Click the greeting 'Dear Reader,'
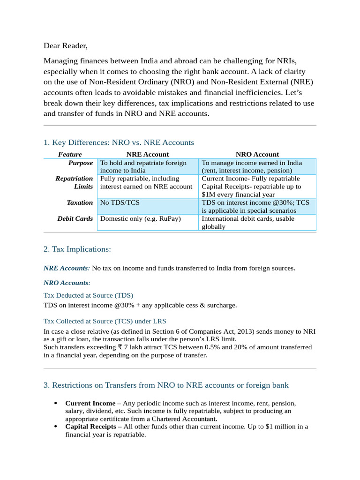pyautogui.click(x=66, y=46)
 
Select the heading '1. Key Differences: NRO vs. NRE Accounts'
pyautogui.click(x=119, y=142)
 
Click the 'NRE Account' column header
pyautogui.click(x=148, y=154)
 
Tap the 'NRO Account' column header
pyautogui.click(x=257, y=154)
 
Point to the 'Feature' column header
pyautogui.click(x=70, y=154)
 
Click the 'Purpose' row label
pyautogui.click(x=81, y=163)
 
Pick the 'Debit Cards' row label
pyautogui.click(x=75, y=218)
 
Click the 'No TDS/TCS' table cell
pyautogui.click(x=120, y=202)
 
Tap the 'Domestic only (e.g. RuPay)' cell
pyautogui.click(x=141, y=218)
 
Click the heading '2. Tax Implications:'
pyautogui.click(x=77, y=249)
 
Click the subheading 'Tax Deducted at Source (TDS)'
pyautogui.click(x=88, y=295)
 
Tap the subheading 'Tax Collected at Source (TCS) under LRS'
pyautogui.click(x=105, y=321)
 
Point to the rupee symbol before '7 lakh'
pyautogui.click(x=120, y=347)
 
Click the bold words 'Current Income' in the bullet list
pyautogui.click(x=90, y=403)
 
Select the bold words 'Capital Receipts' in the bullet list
pyautogui.click(x=91, y=427)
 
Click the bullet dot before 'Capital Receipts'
pyautogui.click(x=56, y=427)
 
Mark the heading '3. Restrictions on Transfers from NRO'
pyautogui.click(x=166, y=385)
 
